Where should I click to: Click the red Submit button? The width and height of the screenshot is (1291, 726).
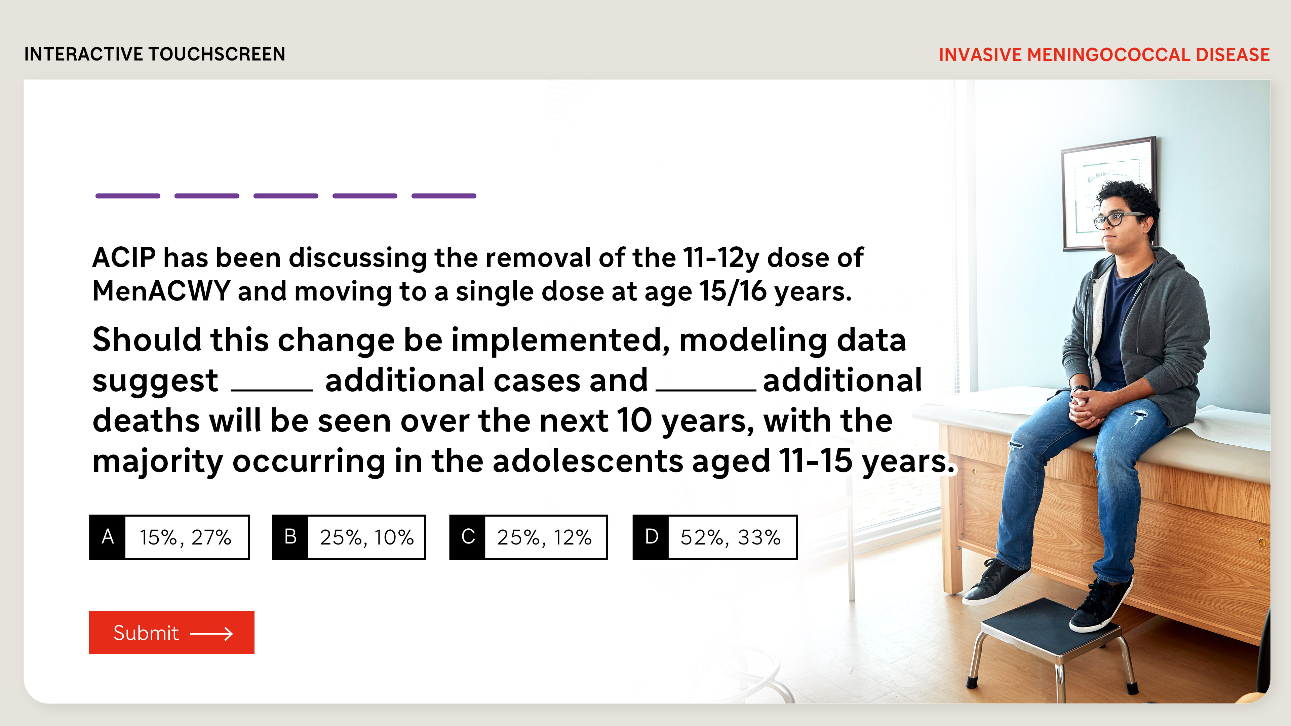(x=171, y=632)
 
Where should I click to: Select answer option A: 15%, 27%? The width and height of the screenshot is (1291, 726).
(x=169, y=537)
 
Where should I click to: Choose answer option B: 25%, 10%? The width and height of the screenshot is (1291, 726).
(x=349, y=537)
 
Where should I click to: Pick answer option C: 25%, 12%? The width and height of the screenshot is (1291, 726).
(x=528, y=537)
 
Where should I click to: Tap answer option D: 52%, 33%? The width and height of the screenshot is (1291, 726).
(x=715, y=537)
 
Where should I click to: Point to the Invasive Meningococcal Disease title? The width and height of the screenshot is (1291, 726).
(x=1104, y=54)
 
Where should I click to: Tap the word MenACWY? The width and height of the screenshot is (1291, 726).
(x=161, y=291)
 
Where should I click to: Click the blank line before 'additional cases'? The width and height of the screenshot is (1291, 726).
(x=272, y=390)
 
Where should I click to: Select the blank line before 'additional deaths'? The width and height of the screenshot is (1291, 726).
(x=706, y=390)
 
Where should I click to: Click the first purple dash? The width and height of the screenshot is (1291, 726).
(x=128, y=196)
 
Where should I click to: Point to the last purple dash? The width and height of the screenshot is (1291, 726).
(x=444, y=196)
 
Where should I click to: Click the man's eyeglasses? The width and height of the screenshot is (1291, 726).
(x=1117, y=219)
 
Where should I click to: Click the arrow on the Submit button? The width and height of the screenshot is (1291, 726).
(x=212, y=634)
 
